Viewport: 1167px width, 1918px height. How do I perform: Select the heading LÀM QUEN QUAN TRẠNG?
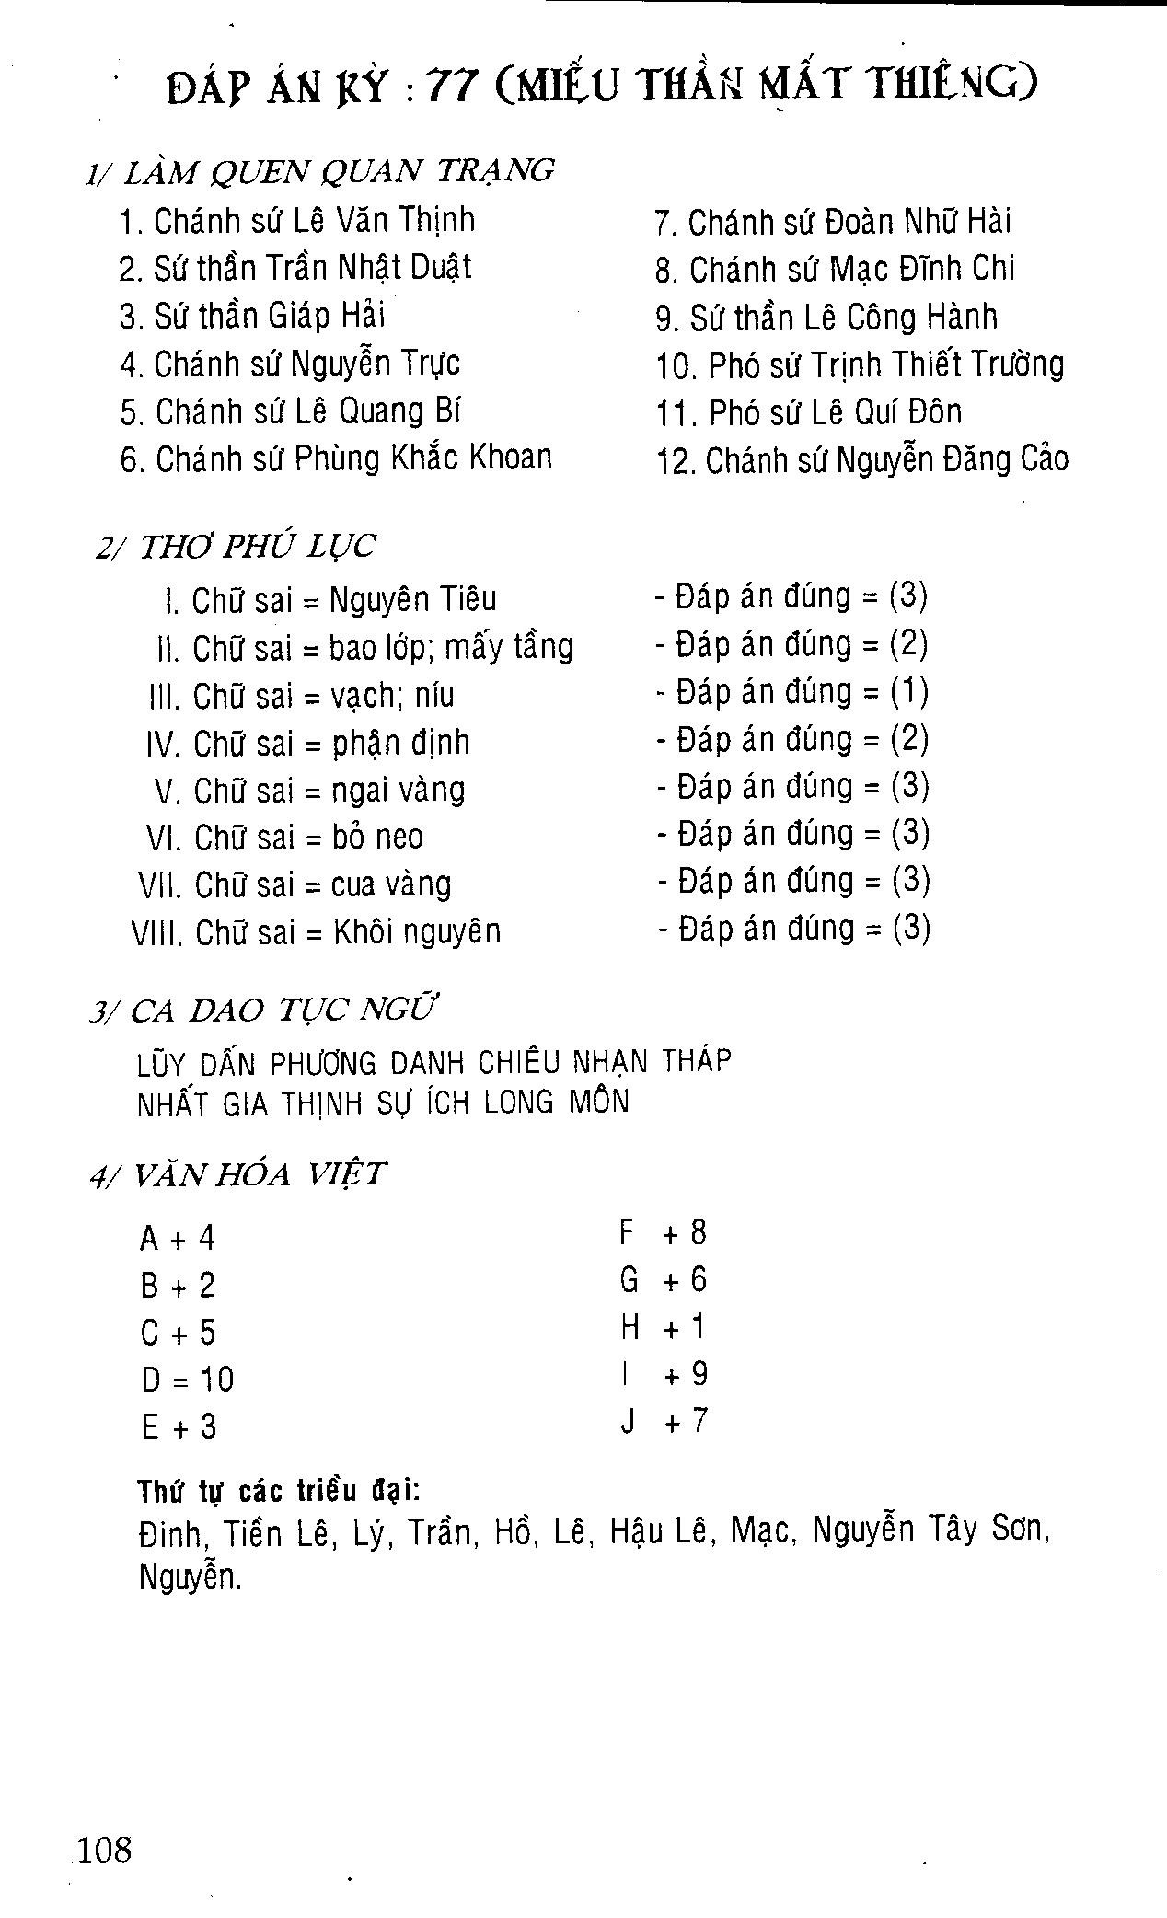[338, 171]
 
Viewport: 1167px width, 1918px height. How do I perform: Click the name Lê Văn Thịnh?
[384, 221]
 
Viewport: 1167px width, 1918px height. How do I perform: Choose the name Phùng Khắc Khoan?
[423, 457]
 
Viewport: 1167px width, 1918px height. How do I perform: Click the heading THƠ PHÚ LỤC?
[257, 547]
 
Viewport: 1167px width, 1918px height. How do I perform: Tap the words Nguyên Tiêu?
[412, 600]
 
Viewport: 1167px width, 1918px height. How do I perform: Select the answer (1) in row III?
[909, 692]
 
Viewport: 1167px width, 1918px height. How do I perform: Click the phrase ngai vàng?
[398, 791]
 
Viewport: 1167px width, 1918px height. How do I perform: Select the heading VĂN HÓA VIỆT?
[260, 1175]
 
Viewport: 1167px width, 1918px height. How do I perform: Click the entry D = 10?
[188, 1380]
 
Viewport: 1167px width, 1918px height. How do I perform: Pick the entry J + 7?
[663, 1422]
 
